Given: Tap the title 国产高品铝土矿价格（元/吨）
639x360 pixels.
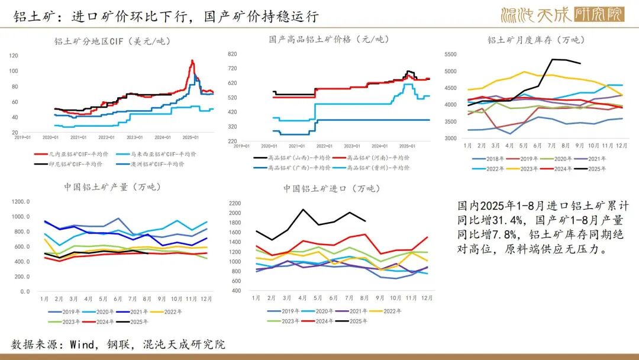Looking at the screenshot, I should pyautogui.click(x=329, y=40).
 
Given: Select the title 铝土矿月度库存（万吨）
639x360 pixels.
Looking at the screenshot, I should pyautogui.click(x=535, y=40).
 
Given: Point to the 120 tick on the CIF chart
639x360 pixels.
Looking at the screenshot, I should pyautogui.click(x=14, y=56).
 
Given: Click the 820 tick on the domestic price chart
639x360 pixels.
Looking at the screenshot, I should pyautogui.click(x=232, y=54).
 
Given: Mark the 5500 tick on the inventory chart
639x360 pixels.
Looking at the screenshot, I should pyautogui.click(x=451, y=54).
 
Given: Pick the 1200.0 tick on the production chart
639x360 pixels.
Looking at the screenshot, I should pyautogui.click(x=21, y=201).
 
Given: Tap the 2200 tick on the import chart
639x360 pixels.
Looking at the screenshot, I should pyautogui.click(x=235, y=203).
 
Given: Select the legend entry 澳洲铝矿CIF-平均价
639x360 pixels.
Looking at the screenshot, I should pyautogui.click(x=154, y=164).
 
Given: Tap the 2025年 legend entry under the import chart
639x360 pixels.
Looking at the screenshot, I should pyautogui.click(x=356, y=321).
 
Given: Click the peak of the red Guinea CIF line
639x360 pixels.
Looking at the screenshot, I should pyautogui.click(x=192, y=60).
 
